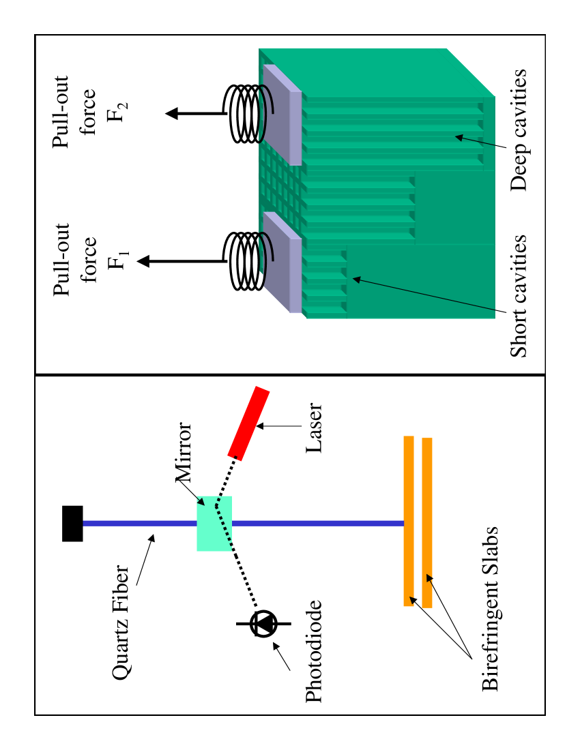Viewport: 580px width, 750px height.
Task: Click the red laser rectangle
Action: [248, 423]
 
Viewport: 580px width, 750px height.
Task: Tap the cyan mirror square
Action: [214, 523]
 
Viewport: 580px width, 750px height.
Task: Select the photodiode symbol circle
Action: [264, 623]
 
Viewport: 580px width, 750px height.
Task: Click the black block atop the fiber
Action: [72, 524]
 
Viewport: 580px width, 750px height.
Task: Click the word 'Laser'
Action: [313, 428]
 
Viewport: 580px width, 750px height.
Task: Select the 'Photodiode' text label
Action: [313, 652]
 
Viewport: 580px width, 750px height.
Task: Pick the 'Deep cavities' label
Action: [519, 130]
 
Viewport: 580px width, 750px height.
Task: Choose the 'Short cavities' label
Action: [519, 296]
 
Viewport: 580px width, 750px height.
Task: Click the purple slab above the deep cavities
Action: [282, 115]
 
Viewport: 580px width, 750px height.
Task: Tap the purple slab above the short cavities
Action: [282, 262]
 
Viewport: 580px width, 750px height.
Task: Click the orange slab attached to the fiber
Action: [409, 521]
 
